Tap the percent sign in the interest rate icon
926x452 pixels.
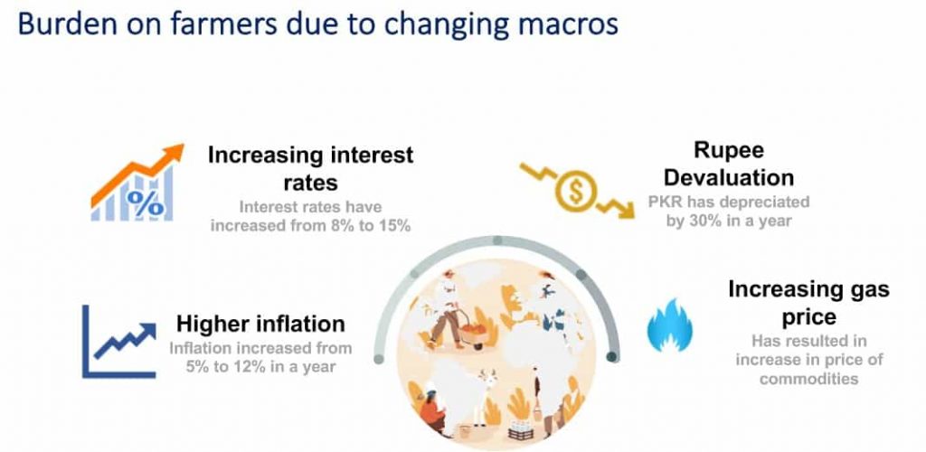(x=146, y=203)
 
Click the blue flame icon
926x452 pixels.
(x=670, y=325)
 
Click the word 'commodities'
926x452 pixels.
(x=808, y=378)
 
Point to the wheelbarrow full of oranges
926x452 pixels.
(x=472, y=333)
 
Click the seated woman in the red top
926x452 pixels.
(x=434, y=410)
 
